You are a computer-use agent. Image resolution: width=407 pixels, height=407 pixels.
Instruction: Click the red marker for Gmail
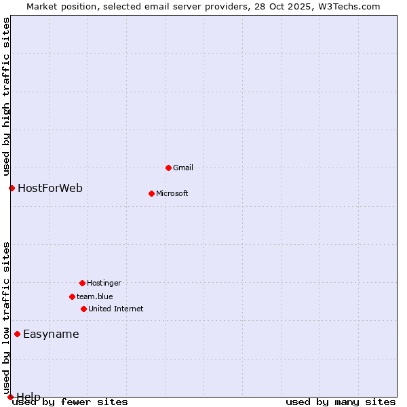point(168,168)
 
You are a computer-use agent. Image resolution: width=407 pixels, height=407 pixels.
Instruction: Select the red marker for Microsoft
point(151,193)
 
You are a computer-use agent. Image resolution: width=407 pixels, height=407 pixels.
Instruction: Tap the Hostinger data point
point(82,283)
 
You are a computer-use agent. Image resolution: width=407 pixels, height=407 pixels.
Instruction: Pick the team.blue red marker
point(72,296)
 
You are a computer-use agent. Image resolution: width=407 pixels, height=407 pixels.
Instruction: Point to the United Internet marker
point(83,309)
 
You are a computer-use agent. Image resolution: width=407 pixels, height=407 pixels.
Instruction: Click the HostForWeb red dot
point(12,188)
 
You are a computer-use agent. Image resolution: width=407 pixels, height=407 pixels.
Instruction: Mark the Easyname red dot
point(17,334)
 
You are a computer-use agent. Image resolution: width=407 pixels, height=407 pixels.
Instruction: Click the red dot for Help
point(10,397)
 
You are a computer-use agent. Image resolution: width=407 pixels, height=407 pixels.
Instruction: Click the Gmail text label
point(183,168)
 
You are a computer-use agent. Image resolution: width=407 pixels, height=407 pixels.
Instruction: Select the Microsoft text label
point(172,193)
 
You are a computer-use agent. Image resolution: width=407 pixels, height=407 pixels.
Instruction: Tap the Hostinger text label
point(104,283)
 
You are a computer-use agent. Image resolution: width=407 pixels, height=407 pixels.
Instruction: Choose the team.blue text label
point(95,296)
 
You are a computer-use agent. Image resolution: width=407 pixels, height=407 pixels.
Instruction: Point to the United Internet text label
point(116,309)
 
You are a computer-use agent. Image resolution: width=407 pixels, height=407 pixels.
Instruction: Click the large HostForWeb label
point(50,188)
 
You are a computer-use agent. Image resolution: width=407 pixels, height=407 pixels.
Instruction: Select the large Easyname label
point(51,334)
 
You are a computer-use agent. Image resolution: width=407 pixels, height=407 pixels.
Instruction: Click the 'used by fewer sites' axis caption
point(71,402)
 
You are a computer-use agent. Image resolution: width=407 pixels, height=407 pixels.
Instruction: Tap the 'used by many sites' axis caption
point(341,402)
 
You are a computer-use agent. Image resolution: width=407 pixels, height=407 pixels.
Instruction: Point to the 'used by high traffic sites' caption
point(7,97)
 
